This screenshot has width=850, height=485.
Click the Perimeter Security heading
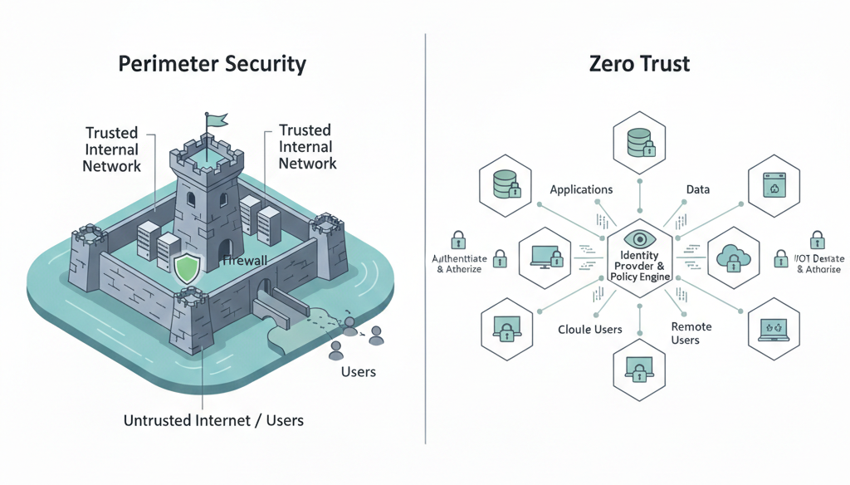coord(212,65)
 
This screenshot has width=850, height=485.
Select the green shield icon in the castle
coord(187,267)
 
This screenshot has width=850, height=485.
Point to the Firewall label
coord(245,261)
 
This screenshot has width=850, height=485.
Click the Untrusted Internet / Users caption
coord(213,420)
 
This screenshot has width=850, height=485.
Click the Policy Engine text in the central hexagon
coord(638,277)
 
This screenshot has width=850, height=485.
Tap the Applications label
coord(581,189)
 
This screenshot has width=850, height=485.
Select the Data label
coord(697,189)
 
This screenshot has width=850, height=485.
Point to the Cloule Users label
coord(589,330)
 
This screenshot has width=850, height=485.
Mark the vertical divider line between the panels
coord(425,241)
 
